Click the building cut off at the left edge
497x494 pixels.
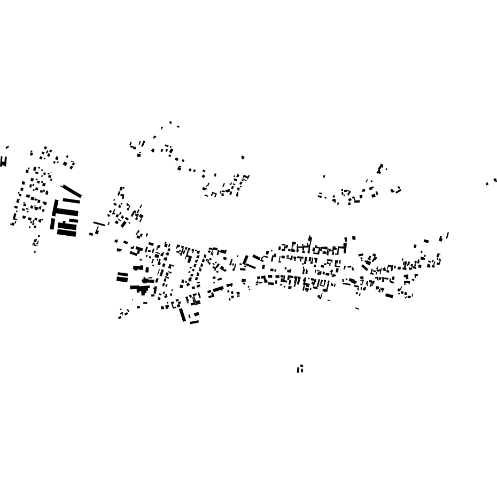click(3, 161)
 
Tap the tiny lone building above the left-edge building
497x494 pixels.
click(7, 147)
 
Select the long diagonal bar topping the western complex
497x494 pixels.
click(72, 191)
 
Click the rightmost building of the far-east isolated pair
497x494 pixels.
click(495, 180)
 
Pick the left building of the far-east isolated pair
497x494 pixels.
click(487, 183)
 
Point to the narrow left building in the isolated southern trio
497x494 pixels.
click(298, 370)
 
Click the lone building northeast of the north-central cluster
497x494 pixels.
click(243, 157)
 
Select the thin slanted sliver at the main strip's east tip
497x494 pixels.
click(447, 235)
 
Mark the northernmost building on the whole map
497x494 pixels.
click(170, 122)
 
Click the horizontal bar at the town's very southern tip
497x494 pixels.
click(194, 322)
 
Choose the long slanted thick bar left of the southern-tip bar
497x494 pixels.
click(182, 314)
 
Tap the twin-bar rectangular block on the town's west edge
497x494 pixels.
click(122, 277)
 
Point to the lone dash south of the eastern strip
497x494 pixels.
click(357, 308)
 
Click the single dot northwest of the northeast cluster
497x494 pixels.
click(324, 176)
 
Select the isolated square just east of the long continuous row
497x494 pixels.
click(354, 238)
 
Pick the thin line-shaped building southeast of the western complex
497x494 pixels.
click(99, 223)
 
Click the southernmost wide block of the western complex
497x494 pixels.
click(67, 233)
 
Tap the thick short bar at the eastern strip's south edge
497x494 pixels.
click(389, 296)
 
